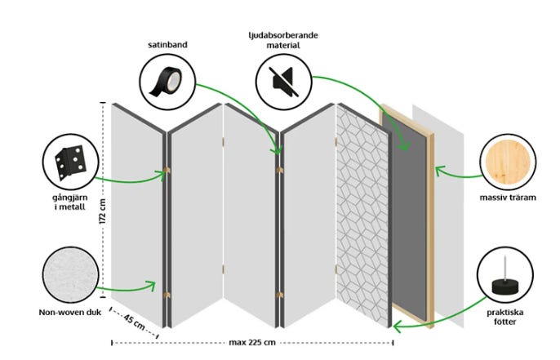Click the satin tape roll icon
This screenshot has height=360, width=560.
[x=167, y=83]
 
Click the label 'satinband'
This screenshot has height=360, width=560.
[x=168, y=44]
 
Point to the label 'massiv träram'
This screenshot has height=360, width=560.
[x=508, y=197]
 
